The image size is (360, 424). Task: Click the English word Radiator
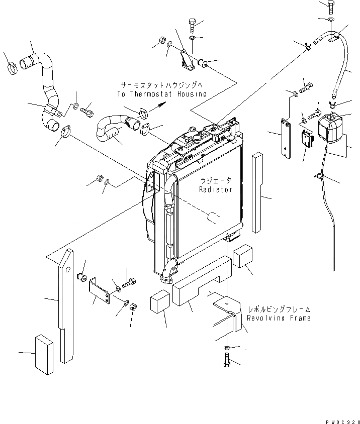(215, 190)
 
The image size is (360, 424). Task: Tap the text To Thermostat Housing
(161, 94)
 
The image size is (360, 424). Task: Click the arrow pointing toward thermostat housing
(159, 104)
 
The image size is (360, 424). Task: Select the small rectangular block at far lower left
(44, 355)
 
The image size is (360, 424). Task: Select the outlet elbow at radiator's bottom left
(167, 272)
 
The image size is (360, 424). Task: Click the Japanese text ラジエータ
(215, 181)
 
